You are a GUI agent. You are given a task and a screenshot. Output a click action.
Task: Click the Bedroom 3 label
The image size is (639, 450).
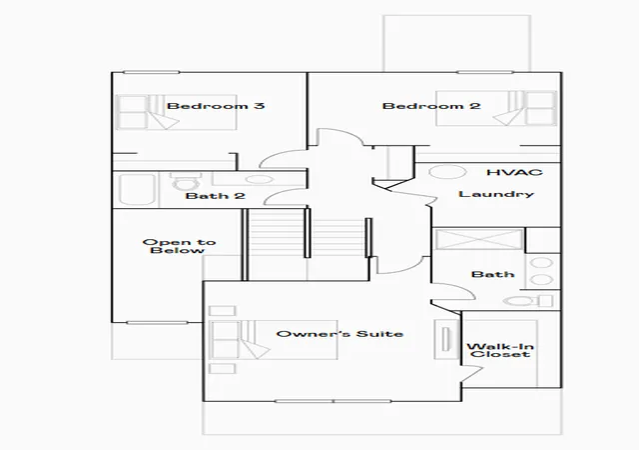[216, 106]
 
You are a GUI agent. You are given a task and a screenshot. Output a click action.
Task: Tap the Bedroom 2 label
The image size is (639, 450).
[431, 106]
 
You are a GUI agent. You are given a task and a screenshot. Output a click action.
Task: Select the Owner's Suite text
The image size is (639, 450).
[339, 334]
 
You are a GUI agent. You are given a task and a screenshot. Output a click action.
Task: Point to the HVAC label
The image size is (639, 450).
[515, 172]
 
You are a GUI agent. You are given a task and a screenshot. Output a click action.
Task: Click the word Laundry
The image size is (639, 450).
[496, 194]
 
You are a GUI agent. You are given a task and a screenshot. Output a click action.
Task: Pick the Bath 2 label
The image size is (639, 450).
[216, 196]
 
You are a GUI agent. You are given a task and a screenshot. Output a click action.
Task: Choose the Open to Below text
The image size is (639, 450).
[179, 246]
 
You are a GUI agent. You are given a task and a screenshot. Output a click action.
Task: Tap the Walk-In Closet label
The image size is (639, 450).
[500, 350]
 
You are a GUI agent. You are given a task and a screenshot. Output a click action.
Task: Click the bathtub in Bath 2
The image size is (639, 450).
[137, 189]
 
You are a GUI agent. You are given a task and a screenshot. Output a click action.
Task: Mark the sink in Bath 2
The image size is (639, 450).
[258, 179]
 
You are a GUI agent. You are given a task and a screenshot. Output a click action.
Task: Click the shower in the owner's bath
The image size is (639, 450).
[479, 239]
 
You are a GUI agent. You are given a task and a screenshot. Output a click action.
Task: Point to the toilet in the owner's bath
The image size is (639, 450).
[528, 301]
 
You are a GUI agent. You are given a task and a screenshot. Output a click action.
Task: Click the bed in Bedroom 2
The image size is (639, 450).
[496, 108]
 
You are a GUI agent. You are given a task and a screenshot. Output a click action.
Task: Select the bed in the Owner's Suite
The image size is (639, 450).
[273, 340]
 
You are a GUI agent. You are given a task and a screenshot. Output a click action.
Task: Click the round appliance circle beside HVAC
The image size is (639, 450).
[447, 172]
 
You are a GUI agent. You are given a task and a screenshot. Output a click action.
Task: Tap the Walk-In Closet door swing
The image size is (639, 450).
[472, 375]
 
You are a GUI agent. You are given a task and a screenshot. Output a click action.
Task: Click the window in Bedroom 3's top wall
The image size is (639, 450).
[151, 72]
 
